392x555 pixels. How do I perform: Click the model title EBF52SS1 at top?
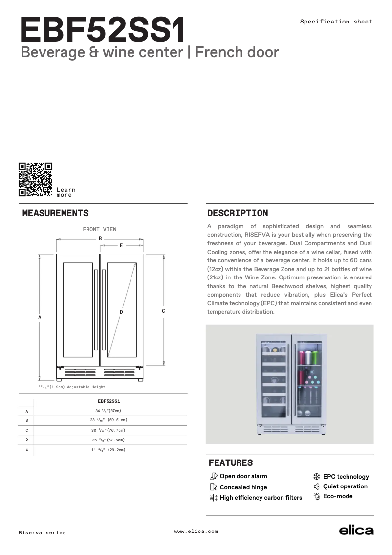(x=103, y=31)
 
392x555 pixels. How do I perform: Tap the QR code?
(x=35, y=180)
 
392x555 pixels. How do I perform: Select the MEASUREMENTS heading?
(x=56, y=213)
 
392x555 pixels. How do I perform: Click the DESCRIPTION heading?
(x=238, y=213)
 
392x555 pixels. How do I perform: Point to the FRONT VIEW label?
(x=100, y=229)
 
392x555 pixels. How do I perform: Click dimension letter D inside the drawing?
(x=121, y=312)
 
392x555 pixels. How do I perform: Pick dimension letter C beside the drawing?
(x=163, y=311)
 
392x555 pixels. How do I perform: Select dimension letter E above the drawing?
(x=121, y=245)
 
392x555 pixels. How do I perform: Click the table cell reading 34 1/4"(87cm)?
(x=108, y=411)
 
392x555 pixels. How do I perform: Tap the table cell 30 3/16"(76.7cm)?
(x=108, y=430)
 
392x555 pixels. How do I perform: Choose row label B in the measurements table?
(x=27, y=420)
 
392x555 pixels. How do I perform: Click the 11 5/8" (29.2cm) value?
(x=108, y=450)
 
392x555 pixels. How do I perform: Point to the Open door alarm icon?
(x=213, y=476)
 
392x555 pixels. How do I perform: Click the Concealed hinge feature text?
(x=243, y=487)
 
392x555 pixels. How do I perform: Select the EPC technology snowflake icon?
(x=316, y=476)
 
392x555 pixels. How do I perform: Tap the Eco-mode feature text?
(x=338, y=496)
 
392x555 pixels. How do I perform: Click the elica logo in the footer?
(x=356, y=531)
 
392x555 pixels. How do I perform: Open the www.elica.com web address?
(x=196, y=532)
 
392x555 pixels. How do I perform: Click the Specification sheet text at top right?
(x=336, y=22)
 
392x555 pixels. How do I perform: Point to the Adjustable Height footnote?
(x=72, y=387)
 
